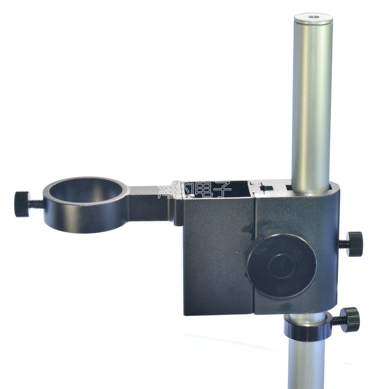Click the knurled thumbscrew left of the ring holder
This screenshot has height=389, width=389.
22,204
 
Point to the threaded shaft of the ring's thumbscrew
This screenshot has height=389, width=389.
37,203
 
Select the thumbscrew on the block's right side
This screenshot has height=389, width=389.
354,244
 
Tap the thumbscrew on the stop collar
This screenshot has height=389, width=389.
350,319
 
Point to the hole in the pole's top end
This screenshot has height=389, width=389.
313,18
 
